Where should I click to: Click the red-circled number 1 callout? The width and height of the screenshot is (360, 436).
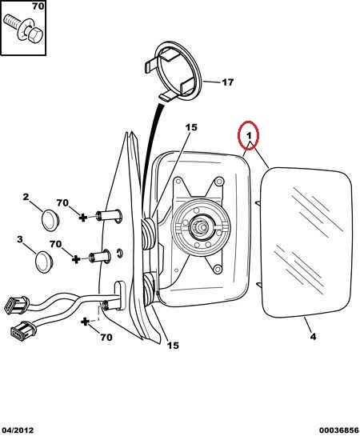[248, 135]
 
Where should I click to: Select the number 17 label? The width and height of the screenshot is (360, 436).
[228, 82]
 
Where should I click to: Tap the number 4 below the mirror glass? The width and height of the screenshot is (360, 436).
[313, 337]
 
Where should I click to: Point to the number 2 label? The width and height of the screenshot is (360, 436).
[26, 197]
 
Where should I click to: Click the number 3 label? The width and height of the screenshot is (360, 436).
[19, 239]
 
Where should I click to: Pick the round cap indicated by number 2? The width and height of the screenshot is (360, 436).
[50, 220]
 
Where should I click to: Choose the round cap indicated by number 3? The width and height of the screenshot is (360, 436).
[44, 262]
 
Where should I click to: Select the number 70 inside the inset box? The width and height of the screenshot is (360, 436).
[38, 6]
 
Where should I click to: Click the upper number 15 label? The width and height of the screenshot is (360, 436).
[191, 128]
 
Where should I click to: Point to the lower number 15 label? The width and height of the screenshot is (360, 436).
[173, 346]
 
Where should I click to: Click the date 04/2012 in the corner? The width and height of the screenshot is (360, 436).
[17, 430]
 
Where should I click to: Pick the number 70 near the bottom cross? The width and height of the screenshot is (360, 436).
[106, 338]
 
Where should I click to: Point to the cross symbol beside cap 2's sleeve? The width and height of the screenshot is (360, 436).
[82, 217]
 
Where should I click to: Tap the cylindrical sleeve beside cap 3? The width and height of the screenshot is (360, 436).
[100, 256]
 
